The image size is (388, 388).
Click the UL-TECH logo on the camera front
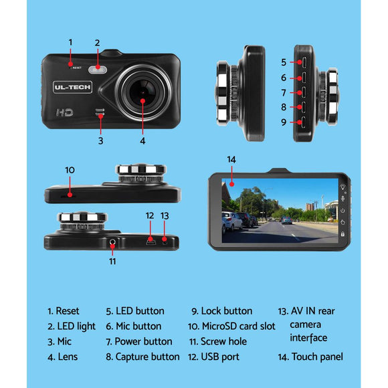tap(72, 87)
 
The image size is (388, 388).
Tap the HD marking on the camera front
tap(65, 112)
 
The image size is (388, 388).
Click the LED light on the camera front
tap(98, 70)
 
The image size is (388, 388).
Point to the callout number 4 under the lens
tap(142, 140)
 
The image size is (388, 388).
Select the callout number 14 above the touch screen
tap(231, 160)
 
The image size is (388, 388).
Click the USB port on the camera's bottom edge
tap(151, 241)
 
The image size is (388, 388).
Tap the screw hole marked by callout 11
tap(112, 241)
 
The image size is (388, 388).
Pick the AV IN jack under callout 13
tap(165, 239)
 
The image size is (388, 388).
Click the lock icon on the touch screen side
tap(343, 233)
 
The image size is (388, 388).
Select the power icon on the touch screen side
tap(343, 210)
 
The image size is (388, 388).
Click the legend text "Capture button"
tap(147, 357)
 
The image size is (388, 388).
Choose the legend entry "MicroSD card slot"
tap(231, 326)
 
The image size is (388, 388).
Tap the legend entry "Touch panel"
tap(310, 357)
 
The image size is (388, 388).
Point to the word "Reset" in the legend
tap(68, 311)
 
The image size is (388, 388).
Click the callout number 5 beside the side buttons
tap(284, 62)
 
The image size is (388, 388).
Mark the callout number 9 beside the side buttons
tap(284, 122)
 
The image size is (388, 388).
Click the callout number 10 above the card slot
tap(70, 170)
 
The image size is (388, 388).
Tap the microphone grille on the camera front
tap(100, 112)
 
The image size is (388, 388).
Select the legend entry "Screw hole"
tap(218, 341)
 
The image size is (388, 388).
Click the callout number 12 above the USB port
tap(150, 215)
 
